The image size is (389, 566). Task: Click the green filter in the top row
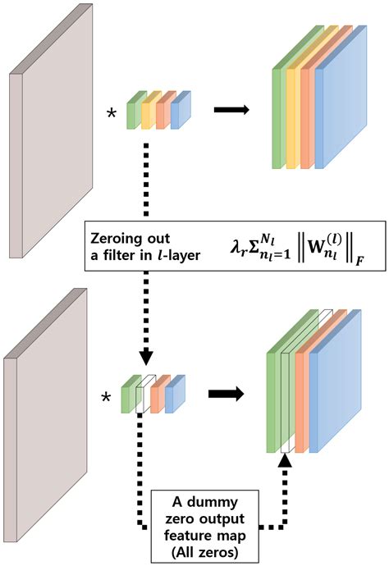coord(131,116)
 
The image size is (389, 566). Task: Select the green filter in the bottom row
coord(128,397)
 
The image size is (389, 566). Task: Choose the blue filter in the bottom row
coord(173,395)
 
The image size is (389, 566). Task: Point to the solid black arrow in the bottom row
coord(229,393)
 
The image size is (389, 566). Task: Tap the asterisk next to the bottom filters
coord(105,398)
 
